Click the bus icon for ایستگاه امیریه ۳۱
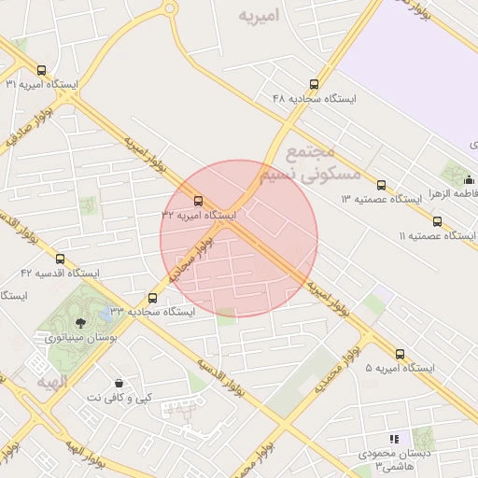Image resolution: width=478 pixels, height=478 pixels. (x=40, y=69)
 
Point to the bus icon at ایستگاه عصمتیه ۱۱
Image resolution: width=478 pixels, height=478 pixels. (x=438, y=221)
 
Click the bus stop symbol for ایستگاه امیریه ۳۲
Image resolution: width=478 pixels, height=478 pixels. (x=198, y=200)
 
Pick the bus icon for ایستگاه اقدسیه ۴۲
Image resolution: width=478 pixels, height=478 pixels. (x=61, y=259)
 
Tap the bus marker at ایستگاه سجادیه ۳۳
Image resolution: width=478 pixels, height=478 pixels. (x=153, y=299)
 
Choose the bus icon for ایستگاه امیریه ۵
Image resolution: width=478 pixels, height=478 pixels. (x=401, y=354)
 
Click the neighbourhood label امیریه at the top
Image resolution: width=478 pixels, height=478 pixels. (x=260, y=16)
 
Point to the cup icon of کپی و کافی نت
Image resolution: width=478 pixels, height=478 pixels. (x=119, y=384)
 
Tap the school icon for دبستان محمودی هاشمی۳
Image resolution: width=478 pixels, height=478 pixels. (x=393, y=438)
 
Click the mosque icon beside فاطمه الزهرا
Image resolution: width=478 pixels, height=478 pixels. (x=457, y=177)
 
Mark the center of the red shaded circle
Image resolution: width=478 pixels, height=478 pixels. (x=239, y=238)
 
